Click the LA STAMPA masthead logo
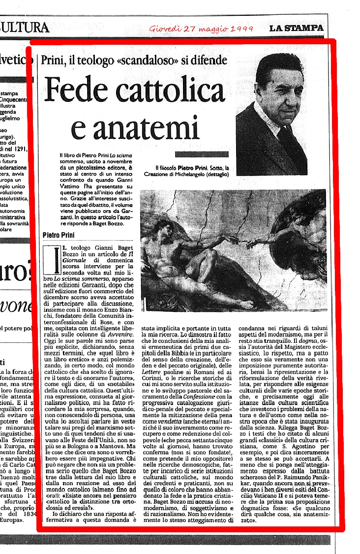[296, 28]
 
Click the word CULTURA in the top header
[25, 27]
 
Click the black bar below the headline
[201, 154]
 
